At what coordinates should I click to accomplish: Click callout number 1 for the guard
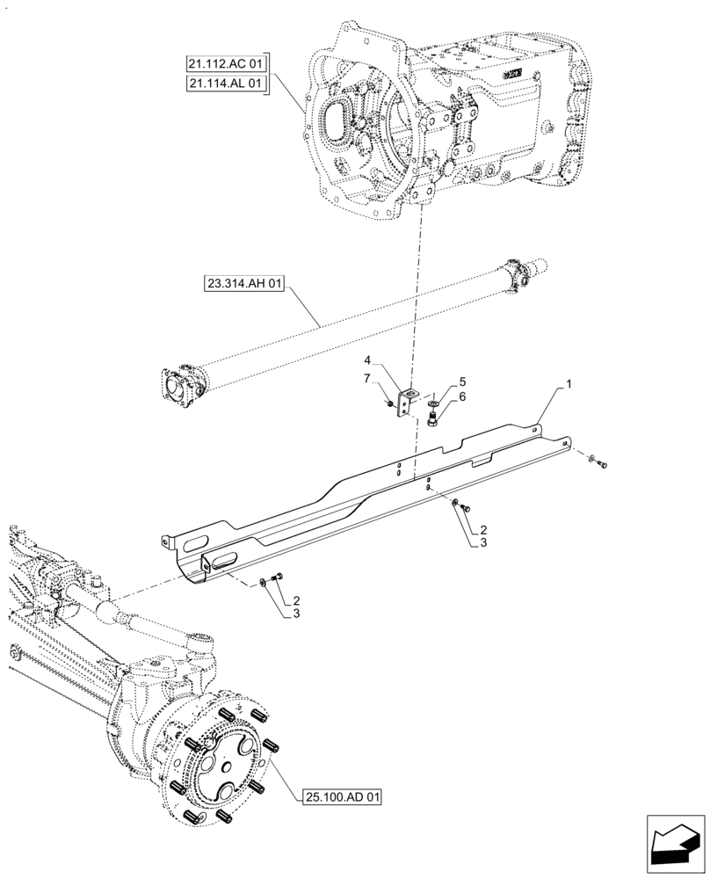point(569,385)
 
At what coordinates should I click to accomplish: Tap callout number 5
point(462,382)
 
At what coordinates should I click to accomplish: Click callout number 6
point(462,397)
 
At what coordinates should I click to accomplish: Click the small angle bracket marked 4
point(406,401)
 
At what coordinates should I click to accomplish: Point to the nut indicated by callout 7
point(388,403)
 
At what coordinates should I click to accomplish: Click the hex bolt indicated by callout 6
point(433,419)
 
